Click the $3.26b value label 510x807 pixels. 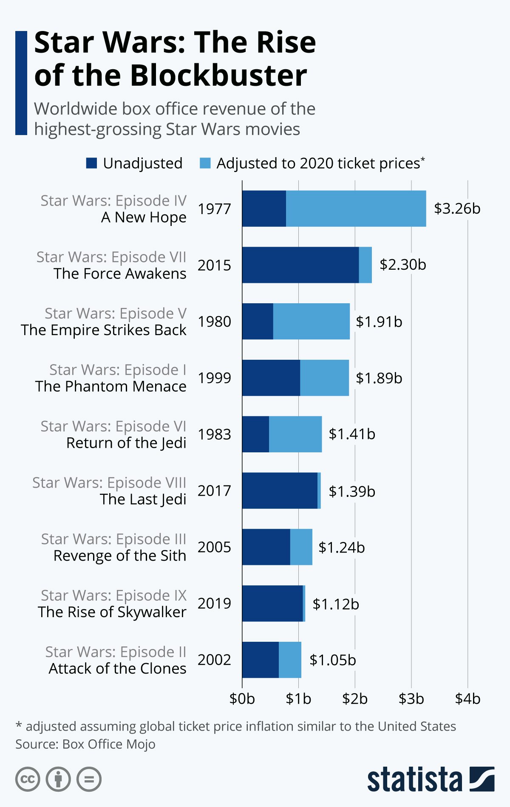coord(457,209)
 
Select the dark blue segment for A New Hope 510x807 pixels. coord(264,209)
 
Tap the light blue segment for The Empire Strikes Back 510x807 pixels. coord(311,322)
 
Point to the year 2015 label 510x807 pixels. coord(214,265)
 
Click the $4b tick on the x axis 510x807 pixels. coord(467,698)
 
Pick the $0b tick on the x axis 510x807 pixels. coord(242,698)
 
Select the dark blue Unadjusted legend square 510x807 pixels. coord(91,163)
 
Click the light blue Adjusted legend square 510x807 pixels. coord(205,163)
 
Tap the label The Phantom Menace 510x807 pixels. coord(110,387)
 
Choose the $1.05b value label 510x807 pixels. coord(332,660)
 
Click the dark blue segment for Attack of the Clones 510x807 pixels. coord(260,660)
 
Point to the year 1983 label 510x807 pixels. coord(214,435)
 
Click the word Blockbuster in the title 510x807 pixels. coord(218,76)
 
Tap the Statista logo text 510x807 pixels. coord(414,780)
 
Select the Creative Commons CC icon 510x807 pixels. coord(28,779)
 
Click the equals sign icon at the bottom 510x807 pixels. coord(89,779)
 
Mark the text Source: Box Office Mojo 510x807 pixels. coord(85,744)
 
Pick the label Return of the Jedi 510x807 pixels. coord(126,443)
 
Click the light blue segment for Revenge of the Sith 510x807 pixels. coord(301,547)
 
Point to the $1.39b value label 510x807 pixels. coord(352,491)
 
